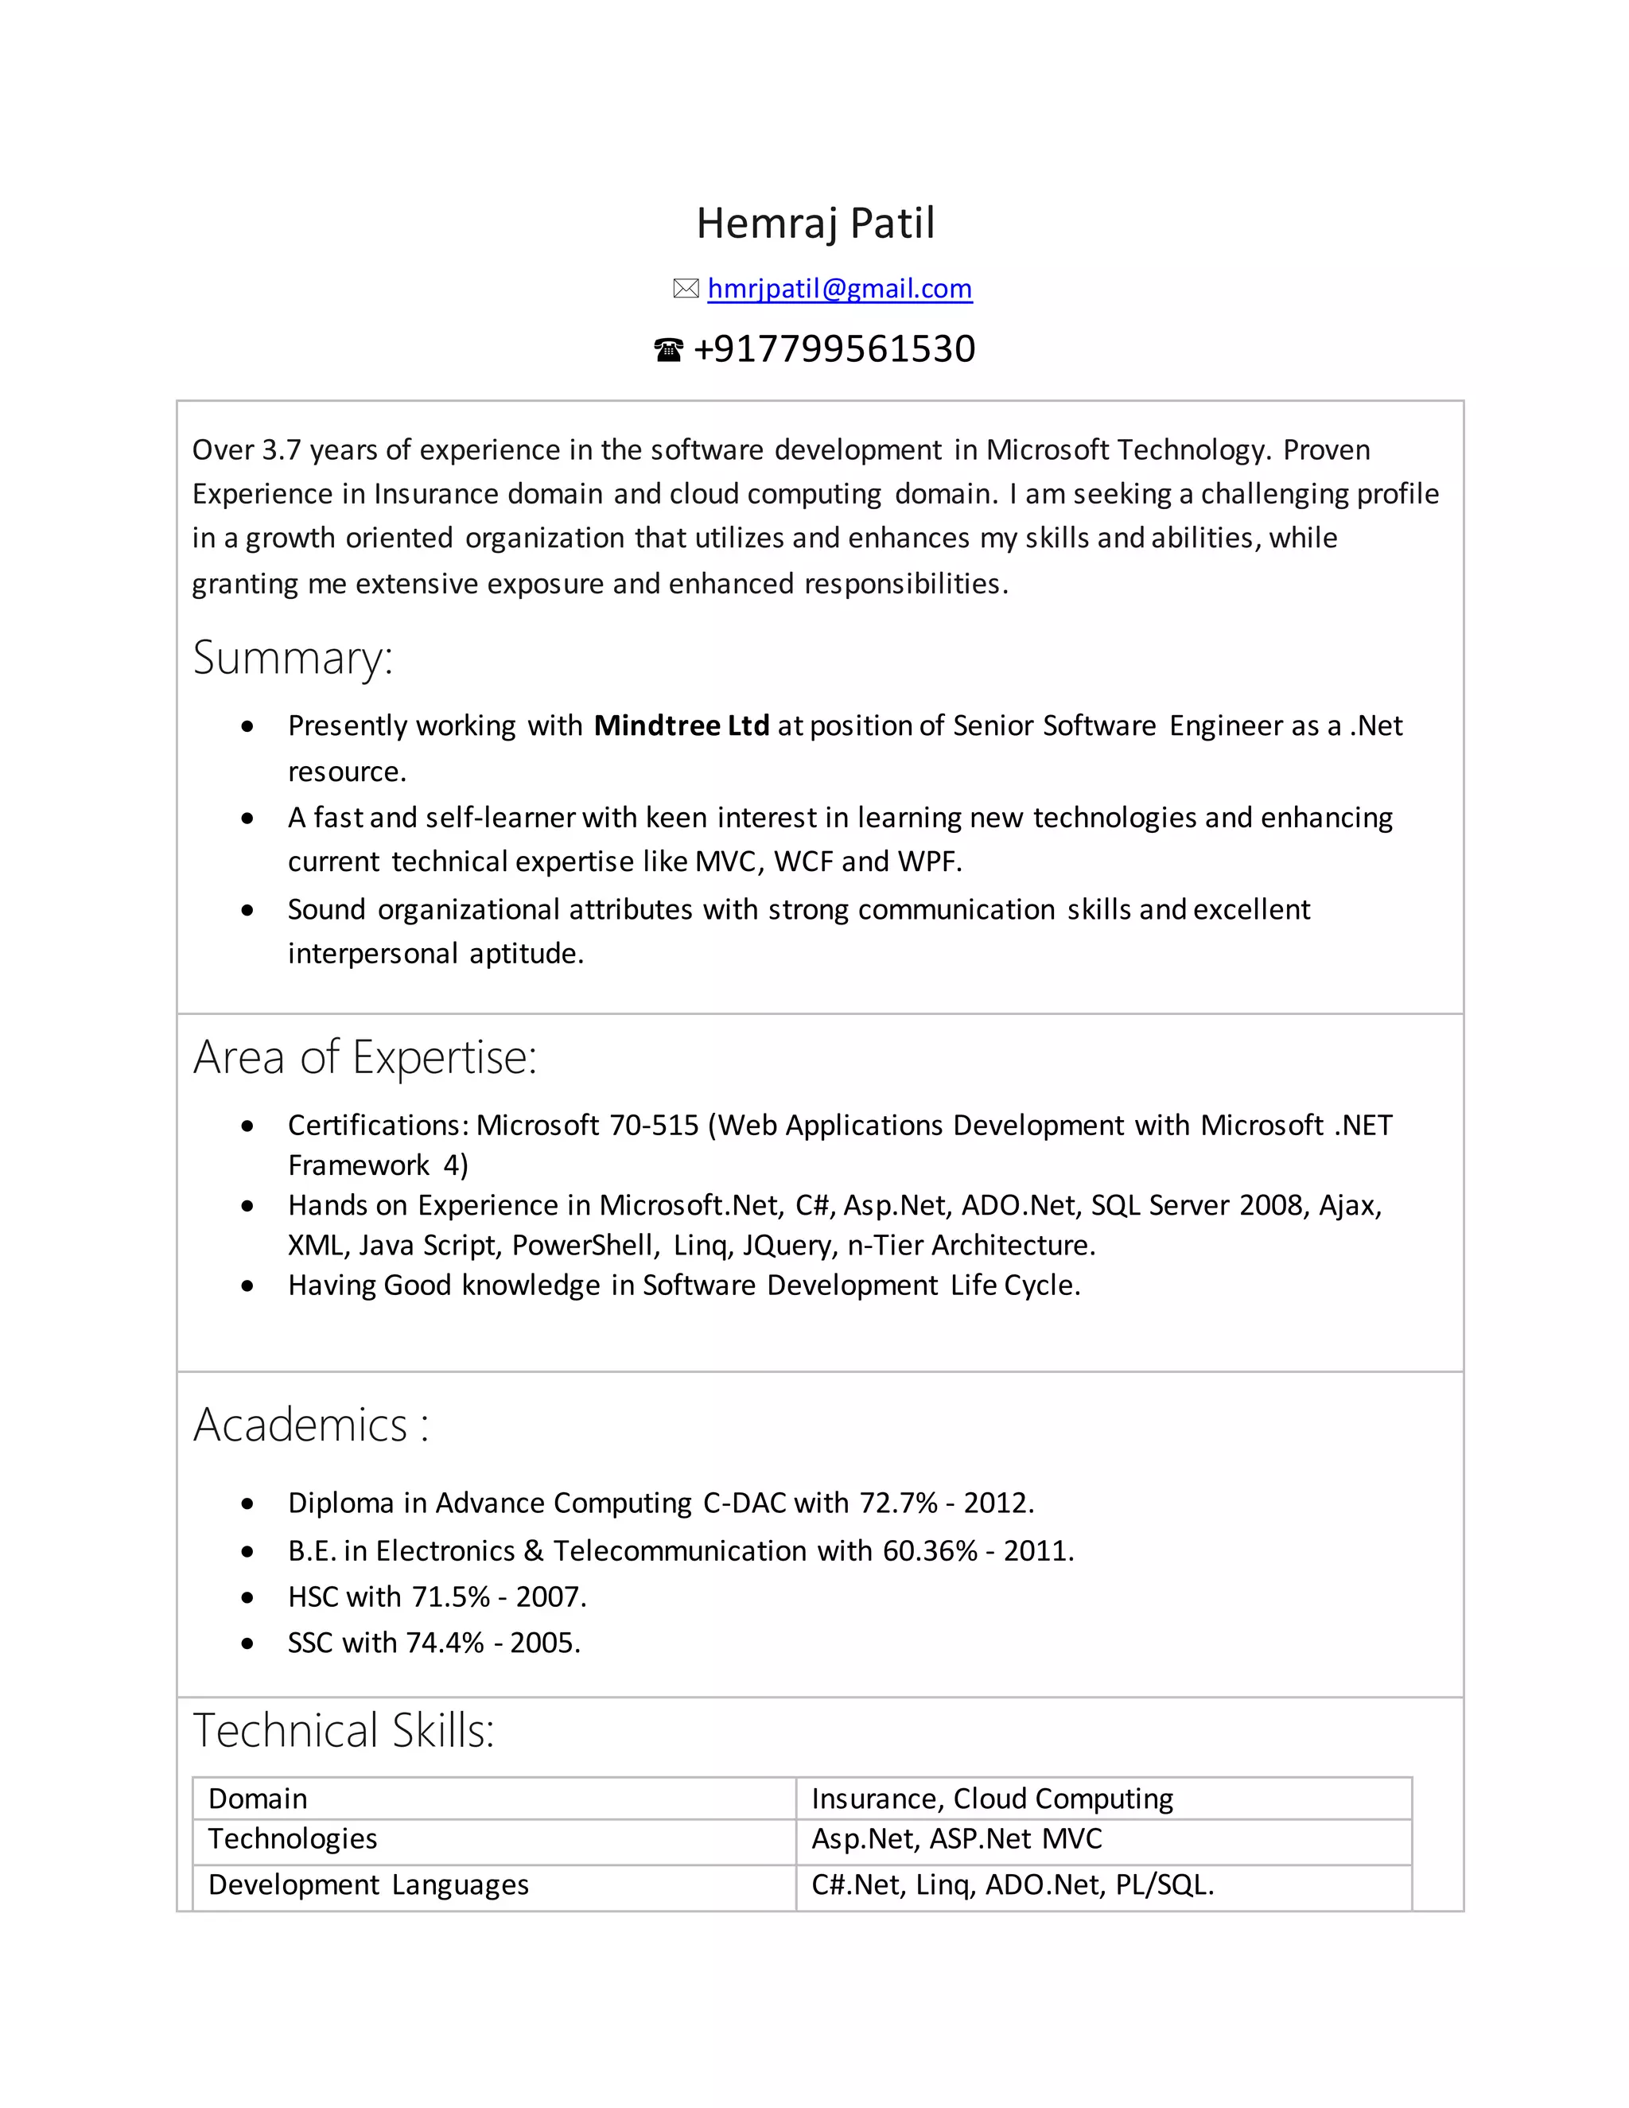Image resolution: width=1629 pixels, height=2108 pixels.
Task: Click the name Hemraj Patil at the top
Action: (815, 223)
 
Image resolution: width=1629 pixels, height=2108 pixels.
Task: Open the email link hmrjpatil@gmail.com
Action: (840, 289)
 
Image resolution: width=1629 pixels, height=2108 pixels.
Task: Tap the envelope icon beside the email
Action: (685, 289)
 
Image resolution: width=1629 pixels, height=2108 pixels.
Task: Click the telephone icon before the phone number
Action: (668, 349)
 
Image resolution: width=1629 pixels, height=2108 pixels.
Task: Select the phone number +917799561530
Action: (834, 348)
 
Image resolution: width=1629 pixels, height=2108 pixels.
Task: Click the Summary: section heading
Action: (293, 657)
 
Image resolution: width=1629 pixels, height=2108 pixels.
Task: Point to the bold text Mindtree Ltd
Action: (682, 725)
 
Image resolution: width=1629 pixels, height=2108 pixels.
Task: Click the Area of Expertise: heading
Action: (365, 1057)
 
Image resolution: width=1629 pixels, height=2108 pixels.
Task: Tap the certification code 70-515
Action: (655, 1125)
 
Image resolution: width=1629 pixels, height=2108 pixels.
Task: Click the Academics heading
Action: (311, 1425)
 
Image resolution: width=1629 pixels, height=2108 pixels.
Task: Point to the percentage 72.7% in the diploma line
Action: (899, 1503)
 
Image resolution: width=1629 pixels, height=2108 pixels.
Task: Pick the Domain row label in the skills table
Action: (258, 1799)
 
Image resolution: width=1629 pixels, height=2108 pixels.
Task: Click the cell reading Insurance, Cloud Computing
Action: (992, 1799)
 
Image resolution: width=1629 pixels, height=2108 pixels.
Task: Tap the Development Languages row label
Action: (368, 1885)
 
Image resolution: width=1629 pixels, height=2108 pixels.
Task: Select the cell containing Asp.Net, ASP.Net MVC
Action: (956, 1838)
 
